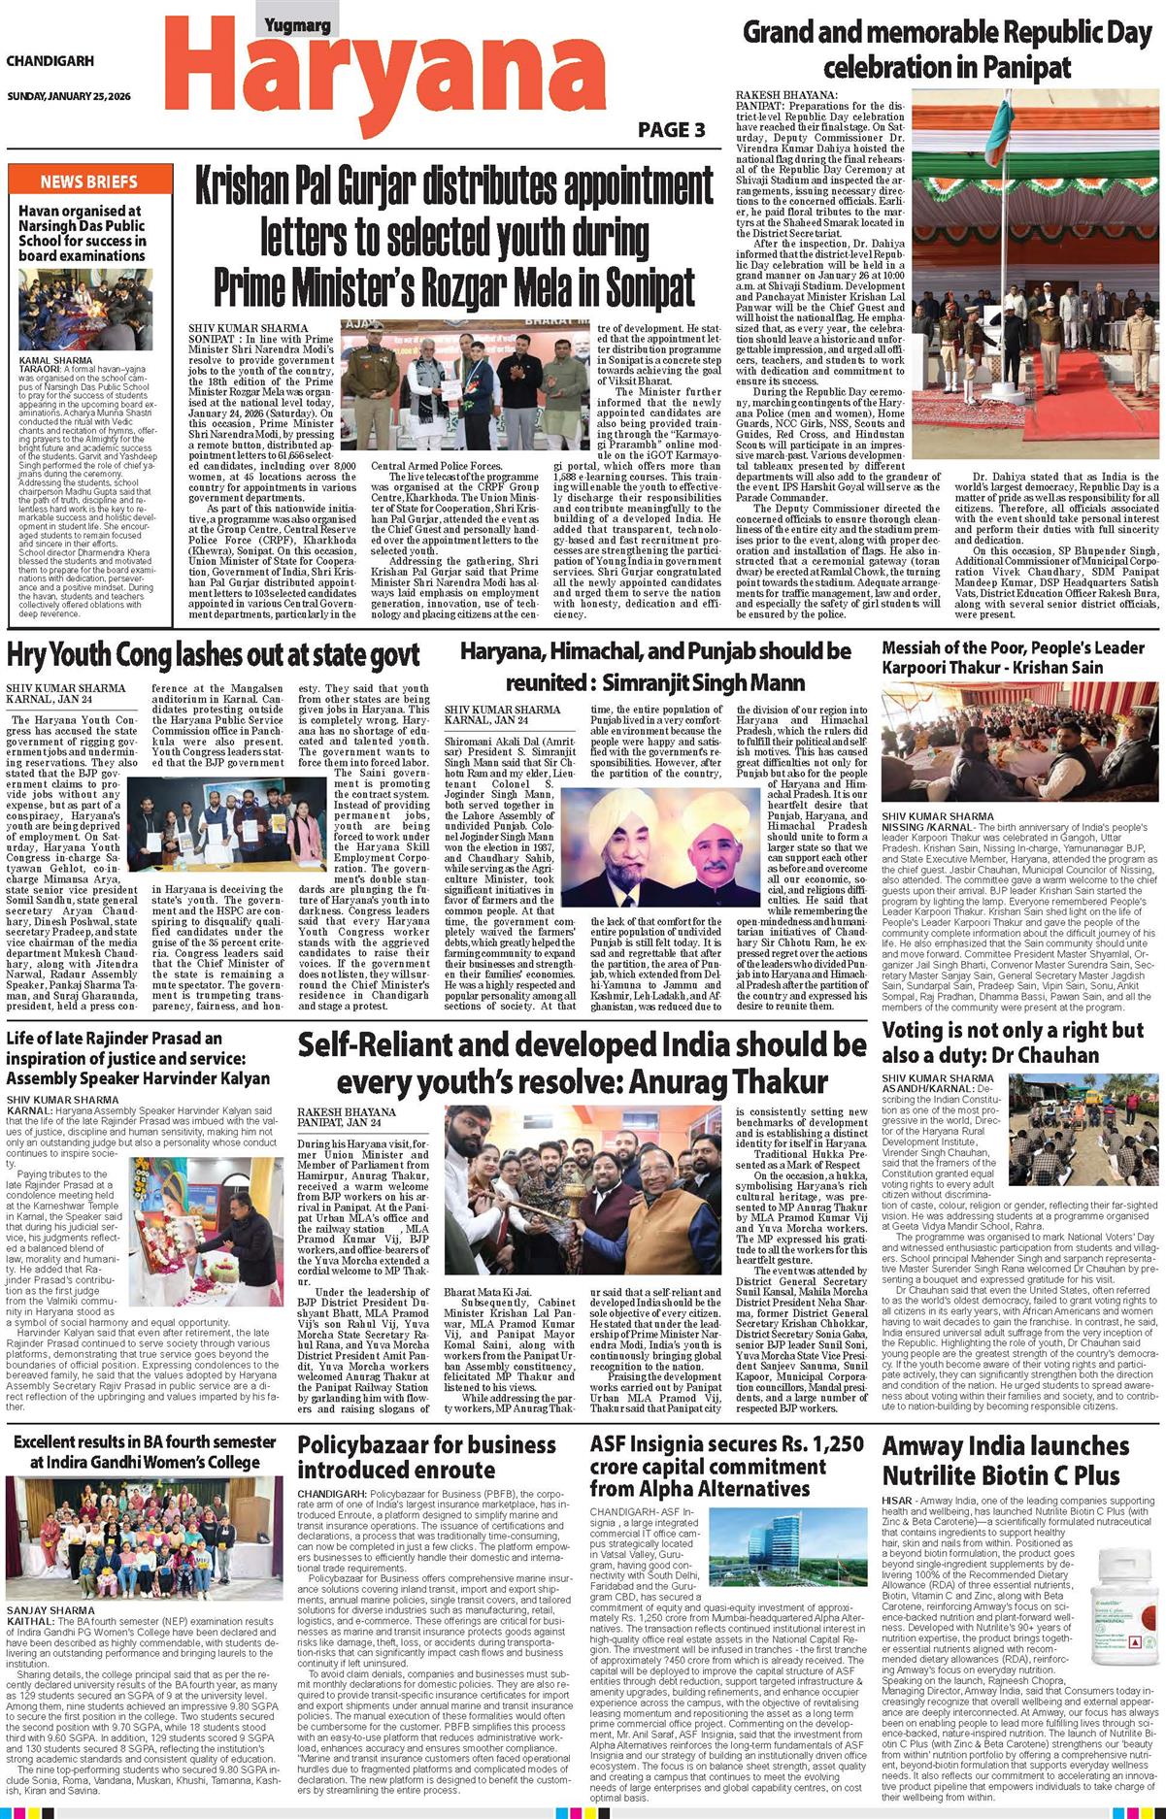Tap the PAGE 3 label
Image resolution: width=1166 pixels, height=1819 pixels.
click(x=671, y=130)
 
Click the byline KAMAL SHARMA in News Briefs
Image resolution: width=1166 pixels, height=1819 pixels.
click(x=55, y=360)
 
